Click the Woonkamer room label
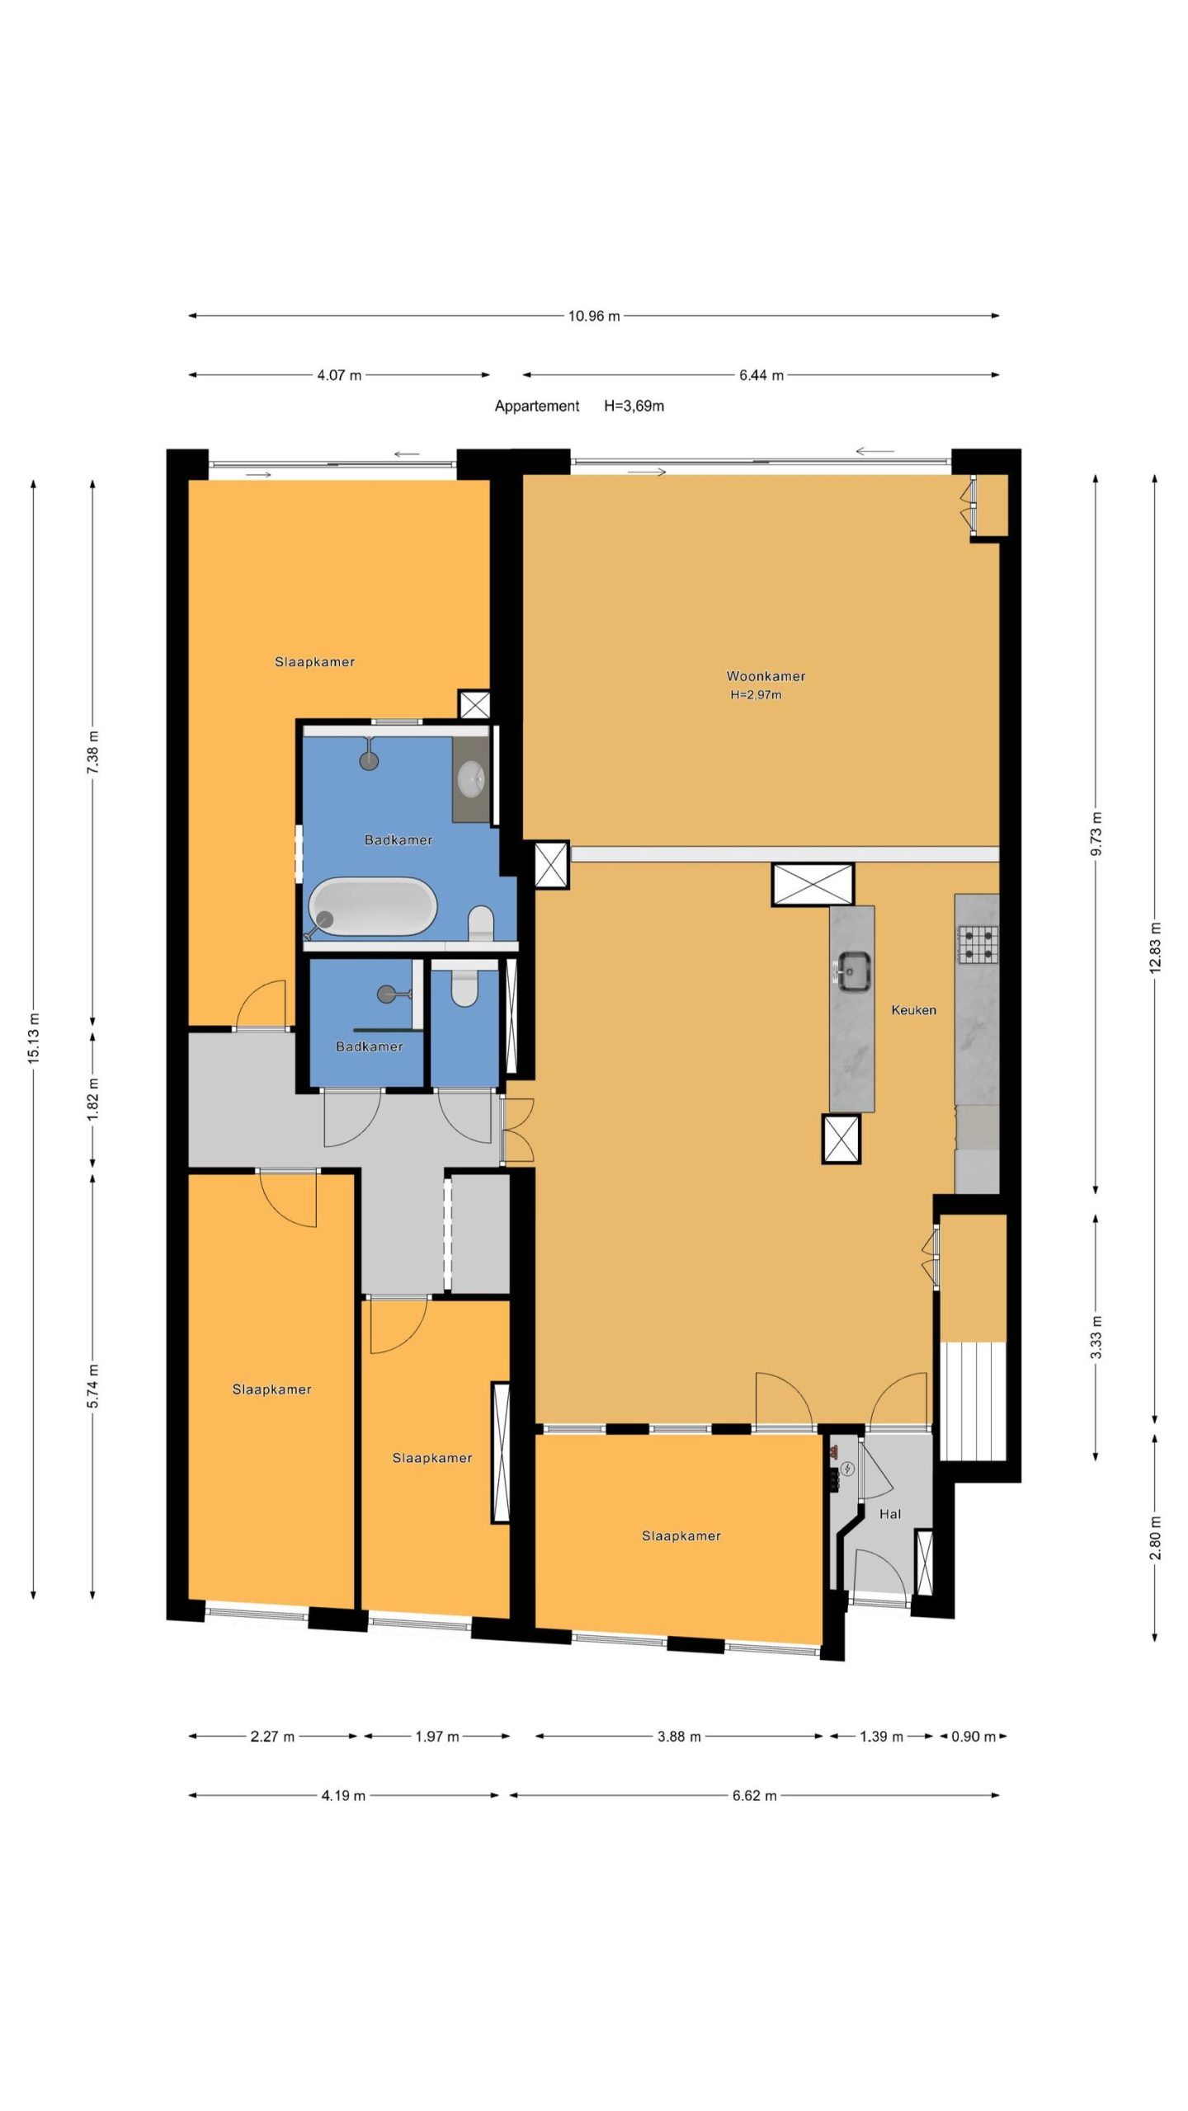[766, 676]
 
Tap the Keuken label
[913, 1009]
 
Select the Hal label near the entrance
[890, 1514]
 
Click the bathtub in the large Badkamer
[373, 907]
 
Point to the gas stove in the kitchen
[978, 945]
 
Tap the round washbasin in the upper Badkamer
[471, 776]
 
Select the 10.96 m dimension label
[594, 316]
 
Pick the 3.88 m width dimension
[679, 1737]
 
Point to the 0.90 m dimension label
[973, 1737]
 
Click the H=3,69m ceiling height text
[634, 406]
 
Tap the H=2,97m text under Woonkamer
[756, 695]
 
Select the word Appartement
[537, 406]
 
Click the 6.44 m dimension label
[761, 375]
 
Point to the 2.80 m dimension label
[1155, 1538]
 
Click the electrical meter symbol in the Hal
[848, 1469]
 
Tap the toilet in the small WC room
[465, 986]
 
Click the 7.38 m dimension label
[93, 752]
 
